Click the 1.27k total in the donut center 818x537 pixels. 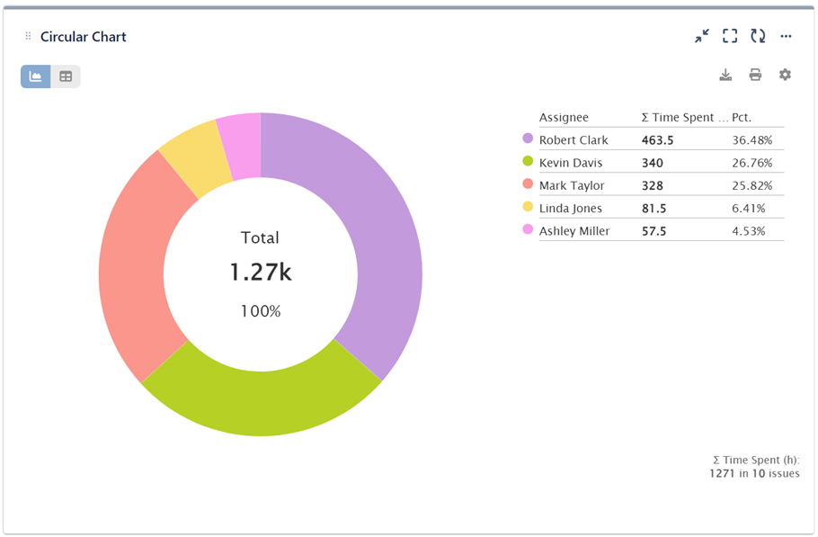(261, 273)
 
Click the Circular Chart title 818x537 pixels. (84, 37)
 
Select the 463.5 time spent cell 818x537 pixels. (658, 140)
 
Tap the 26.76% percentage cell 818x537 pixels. (752, 163)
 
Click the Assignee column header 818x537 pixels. (564, 118)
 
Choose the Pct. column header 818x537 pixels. (742, 118)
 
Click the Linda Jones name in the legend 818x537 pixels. (571, 209)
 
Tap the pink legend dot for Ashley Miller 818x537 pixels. (528, 230)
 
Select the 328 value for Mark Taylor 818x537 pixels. (653, 186)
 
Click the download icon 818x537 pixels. (725, 75)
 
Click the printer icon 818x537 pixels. (755, 75)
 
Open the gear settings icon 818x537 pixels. (785, 75)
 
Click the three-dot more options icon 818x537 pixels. (786, 36)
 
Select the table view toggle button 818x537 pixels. (66, 76)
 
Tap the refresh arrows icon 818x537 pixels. (758, 36)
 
